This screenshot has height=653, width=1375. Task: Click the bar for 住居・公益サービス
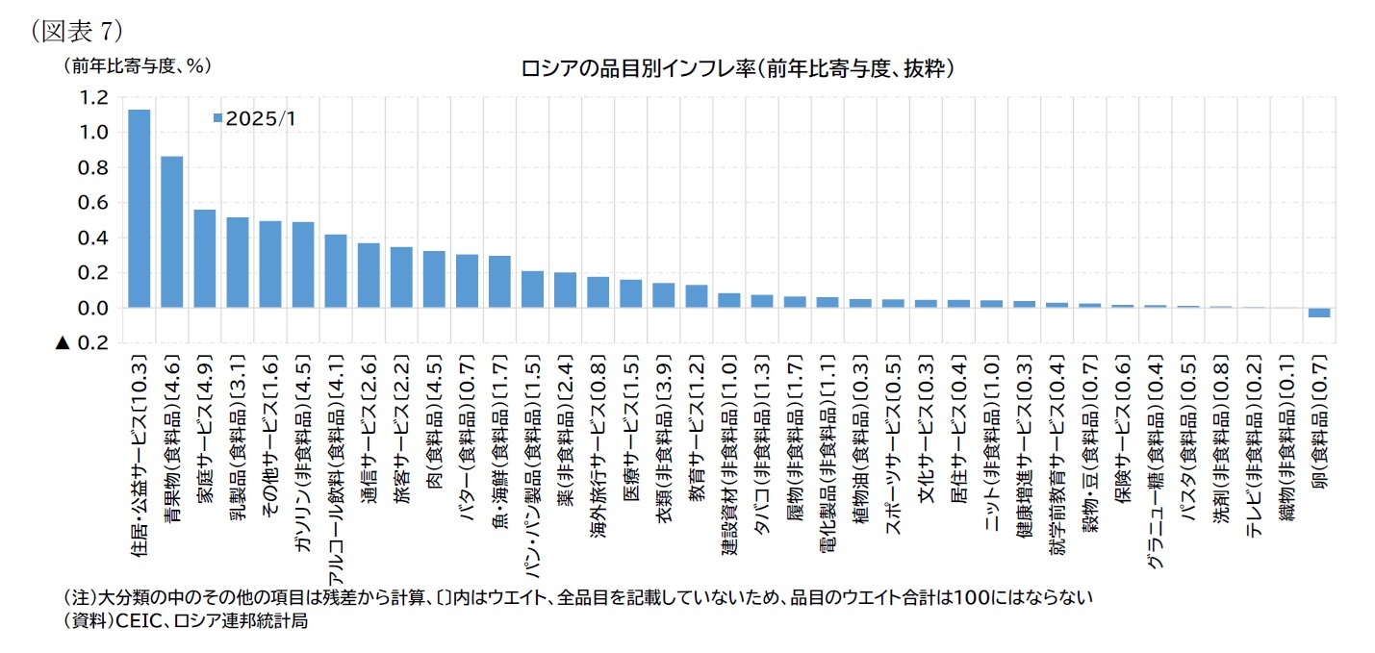click(140, 209)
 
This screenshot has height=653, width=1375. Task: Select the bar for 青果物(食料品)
click(172, 232)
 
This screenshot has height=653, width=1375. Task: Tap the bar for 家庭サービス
click(205, 259)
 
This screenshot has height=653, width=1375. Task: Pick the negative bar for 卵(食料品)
click(1318, 313)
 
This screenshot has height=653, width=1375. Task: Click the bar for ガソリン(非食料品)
click(303, 264)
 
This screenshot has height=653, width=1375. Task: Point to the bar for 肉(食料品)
click(434, 279)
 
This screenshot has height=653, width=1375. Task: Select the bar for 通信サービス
click(369, 275)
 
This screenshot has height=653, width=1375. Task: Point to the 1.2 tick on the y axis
click(95, 97)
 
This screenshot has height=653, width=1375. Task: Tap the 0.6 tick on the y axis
click(95, 203)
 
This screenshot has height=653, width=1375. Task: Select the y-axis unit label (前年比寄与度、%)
click(136, 66)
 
